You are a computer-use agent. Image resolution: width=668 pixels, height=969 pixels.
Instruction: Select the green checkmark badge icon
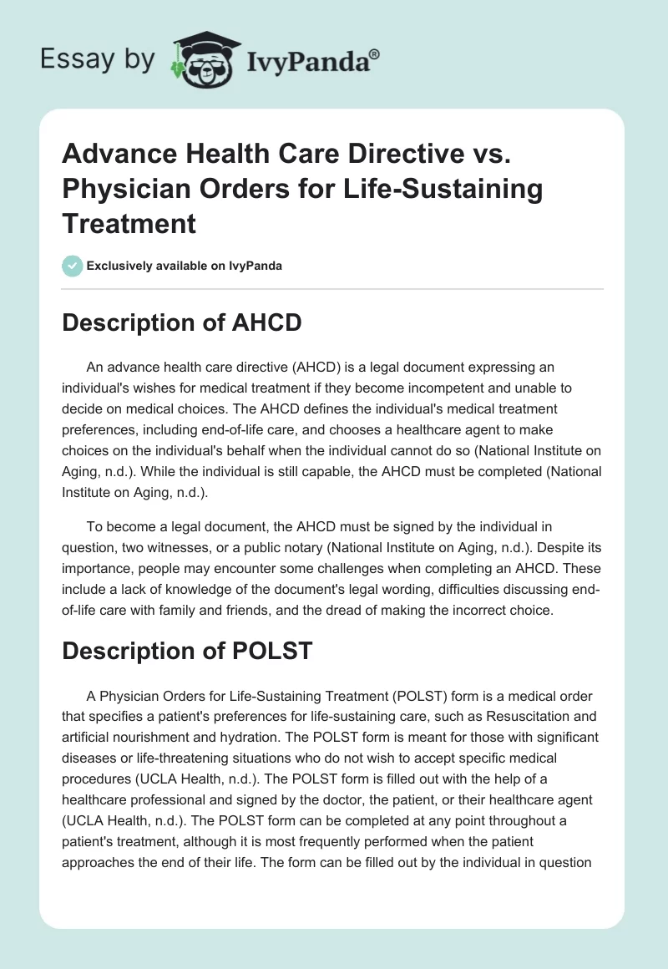click(72, 266)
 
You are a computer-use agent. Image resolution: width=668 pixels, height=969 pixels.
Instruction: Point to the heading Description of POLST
click(187, 651)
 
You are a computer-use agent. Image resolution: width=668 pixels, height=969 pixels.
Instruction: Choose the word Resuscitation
click(497, 717)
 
